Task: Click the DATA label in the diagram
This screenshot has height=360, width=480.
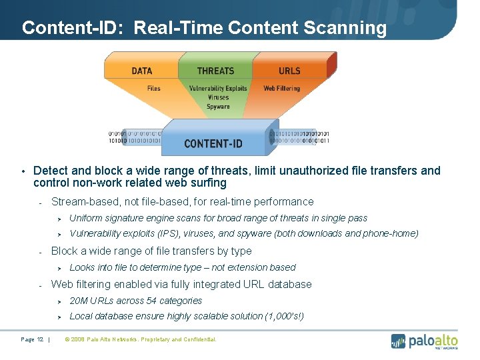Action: [141, 71]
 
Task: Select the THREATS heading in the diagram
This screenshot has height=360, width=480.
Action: [215, 71]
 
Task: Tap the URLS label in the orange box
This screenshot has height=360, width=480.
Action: [289, 71]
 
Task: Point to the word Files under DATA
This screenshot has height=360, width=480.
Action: [153, 88]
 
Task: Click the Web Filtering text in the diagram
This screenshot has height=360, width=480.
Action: [281, 88]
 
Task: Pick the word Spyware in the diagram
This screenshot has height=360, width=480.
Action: [218, 107]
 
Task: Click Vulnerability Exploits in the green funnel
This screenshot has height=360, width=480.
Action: [218, 88]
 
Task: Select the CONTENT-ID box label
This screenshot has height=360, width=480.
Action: [213, 143]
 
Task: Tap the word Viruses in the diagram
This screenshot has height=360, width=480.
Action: [218, 97]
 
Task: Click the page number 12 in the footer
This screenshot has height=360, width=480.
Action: [41, 339]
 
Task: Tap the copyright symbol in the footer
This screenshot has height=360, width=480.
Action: [67, 339]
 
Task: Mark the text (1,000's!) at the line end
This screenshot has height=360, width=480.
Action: [284, 316]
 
